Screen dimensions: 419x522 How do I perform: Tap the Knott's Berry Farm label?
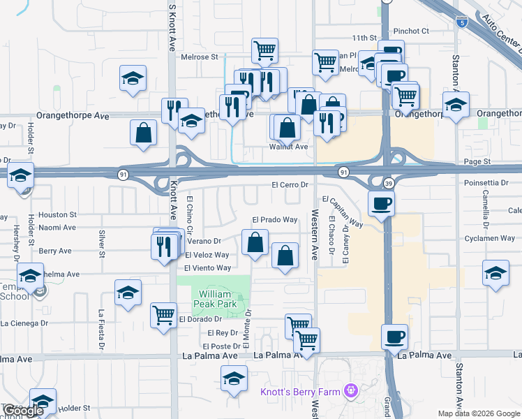(x=300, y=392)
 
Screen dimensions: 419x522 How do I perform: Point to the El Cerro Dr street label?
(x=290, y=185)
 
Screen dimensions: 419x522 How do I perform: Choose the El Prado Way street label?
(x=274, y=220)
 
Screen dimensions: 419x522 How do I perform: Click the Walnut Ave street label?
(x=288, y=147)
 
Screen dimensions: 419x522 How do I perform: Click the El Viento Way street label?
(x=207, y=268)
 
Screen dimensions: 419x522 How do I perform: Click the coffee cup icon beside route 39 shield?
(x=382, y=205)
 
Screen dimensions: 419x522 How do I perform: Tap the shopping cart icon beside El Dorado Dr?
(x=163, y=316)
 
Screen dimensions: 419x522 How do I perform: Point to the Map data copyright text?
(x=478, y=413)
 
